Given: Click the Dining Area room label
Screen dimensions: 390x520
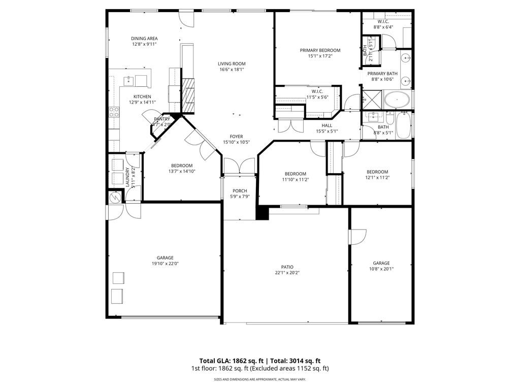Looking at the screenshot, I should [144, 39].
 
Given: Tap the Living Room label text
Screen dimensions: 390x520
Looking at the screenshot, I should [232, 64].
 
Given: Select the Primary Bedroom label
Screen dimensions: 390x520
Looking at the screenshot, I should [320, 50].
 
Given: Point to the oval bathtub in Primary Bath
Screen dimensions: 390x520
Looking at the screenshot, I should [396, 100].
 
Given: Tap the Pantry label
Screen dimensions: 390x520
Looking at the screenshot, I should [162, 119].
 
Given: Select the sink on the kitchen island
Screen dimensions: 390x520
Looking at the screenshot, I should [128, 80].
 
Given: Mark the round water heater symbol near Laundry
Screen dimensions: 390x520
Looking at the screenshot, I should [113, 198].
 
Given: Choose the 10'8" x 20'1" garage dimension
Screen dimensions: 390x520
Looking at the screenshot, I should [381, 270].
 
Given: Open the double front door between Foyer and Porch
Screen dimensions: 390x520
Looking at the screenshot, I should [240, 167].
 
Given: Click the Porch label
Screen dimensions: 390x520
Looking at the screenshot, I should [240, 191].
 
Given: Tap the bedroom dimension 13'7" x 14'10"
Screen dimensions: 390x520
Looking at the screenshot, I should [181, 172].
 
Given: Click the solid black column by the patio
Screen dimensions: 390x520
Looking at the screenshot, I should [262, 213].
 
